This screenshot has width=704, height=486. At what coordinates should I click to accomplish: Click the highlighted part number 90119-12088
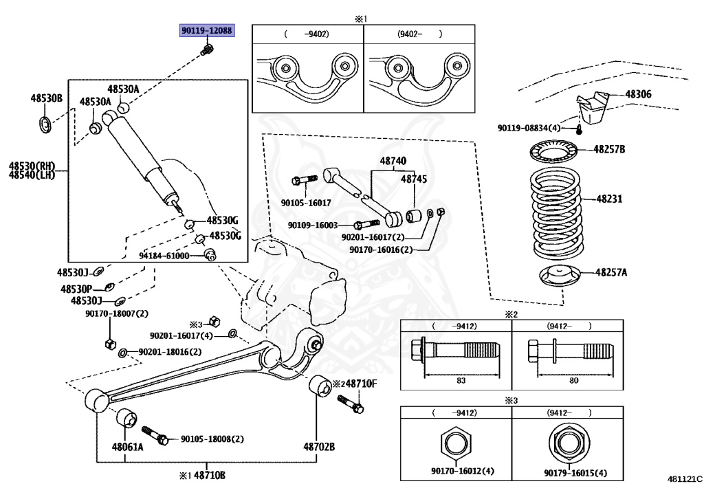[206, 31]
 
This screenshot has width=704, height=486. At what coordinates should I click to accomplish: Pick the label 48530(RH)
[32, 166]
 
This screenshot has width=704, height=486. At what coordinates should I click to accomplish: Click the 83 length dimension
[461, 380]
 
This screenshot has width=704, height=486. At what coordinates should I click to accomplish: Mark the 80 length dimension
[574, 380]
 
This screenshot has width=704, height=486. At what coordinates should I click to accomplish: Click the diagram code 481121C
[684, 476]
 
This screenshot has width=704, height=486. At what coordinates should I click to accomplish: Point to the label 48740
[393, 161]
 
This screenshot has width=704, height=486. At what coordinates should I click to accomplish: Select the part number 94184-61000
[164, 255]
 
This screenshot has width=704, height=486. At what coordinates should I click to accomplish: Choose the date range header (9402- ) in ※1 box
[419, 33]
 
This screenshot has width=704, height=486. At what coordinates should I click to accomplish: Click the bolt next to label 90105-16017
[303, 180]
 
